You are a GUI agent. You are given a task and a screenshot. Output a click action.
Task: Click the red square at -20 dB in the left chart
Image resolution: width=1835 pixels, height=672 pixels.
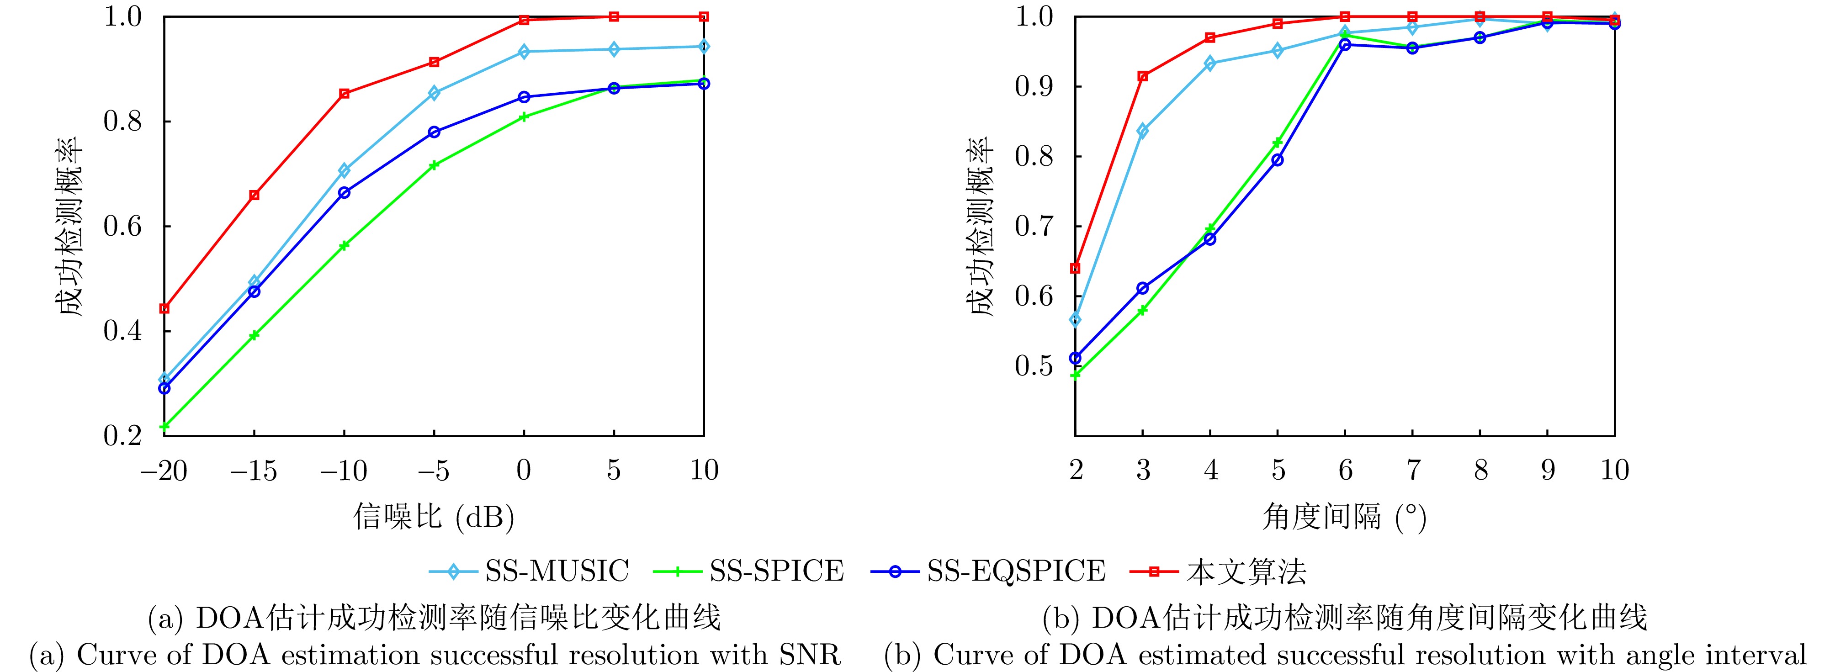164,308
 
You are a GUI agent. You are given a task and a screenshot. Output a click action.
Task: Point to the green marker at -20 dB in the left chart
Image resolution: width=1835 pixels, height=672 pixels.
164,426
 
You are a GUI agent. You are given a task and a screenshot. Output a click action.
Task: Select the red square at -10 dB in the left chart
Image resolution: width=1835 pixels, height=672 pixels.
344,93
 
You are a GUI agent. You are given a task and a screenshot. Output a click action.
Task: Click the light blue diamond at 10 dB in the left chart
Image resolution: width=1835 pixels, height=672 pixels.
704,46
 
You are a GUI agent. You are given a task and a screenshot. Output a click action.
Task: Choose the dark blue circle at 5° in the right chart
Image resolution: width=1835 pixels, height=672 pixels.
1277,160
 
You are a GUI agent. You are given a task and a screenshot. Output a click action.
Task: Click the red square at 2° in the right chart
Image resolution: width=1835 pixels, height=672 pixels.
1076,268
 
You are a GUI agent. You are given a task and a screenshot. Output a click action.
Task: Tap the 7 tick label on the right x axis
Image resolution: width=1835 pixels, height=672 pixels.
1413,470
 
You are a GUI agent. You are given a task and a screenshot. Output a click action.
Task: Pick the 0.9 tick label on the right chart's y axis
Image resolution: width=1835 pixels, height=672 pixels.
1034,87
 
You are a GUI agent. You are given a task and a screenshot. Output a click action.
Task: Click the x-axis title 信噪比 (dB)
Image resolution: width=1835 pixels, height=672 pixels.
434,516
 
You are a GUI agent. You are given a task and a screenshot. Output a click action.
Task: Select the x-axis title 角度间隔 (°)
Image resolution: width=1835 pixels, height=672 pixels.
1344,516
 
